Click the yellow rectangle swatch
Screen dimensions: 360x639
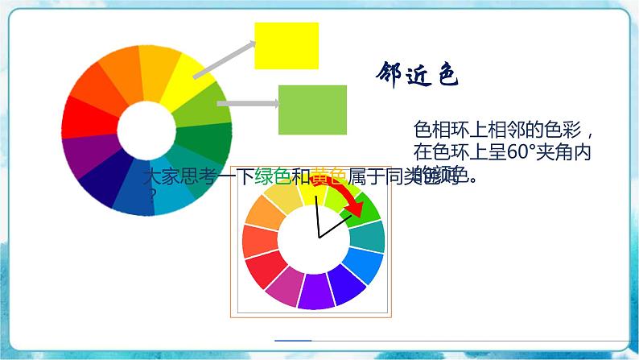tap(287, 46)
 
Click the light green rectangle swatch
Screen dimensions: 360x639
tap(312, 110)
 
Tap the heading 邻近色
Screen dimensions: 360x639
tap(417, 76)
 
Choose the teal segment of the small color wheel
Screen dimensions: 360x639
tap(369, 236)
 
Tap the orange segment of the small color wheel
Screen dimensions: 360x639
tap(261, 213)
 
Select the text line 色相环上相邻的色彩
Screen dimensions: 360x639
tap(503, 130)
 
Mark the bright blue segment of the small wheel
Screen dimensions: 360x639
tap(364, 266)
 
